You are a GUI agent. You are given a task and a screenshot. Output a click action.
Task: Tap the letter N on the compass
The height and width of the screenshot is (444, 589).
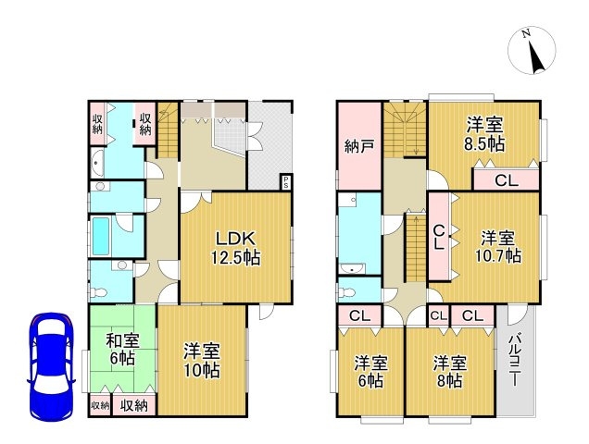pyautogui.click(x=525, y=34)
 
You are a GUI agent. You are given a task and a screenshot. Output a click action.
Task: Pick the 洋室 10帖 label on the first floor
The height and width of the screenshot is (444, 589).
pyautogui.click(x=200, y=361)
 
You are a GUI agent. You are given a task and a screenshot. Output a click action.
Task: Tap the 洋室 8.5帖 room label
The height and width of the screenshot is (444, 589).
pyautogui.click(x=484, y=134)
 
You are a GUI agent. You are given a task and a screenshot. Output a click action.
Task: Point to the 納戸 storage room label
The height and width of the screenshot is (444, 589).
pyautogui.click(x=358, y=146)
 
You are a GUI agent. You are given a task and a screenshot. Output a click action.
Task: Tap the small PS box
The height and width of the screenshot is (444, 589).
pyautogui.click(x=286, y=181)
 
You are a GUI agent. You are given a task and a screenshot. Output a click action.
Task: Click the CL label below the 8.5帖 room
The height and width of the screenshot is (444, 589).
pyautogui.click(x=506, y=180)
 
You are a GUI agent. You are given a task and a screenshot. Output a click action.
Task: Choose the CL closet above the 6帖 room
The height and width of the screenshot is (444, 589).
pyautogui.click(x=359, y=316)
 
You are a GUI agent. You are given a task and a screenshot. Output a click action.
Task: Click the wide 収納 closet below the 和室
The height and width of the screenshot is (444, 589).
pyautogui.click(x=134, y=405)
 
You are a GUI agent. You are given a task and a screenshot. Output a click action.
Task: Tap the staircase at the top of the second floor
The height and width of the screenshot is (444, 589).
pyautogui.click(x=404, y=129)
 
